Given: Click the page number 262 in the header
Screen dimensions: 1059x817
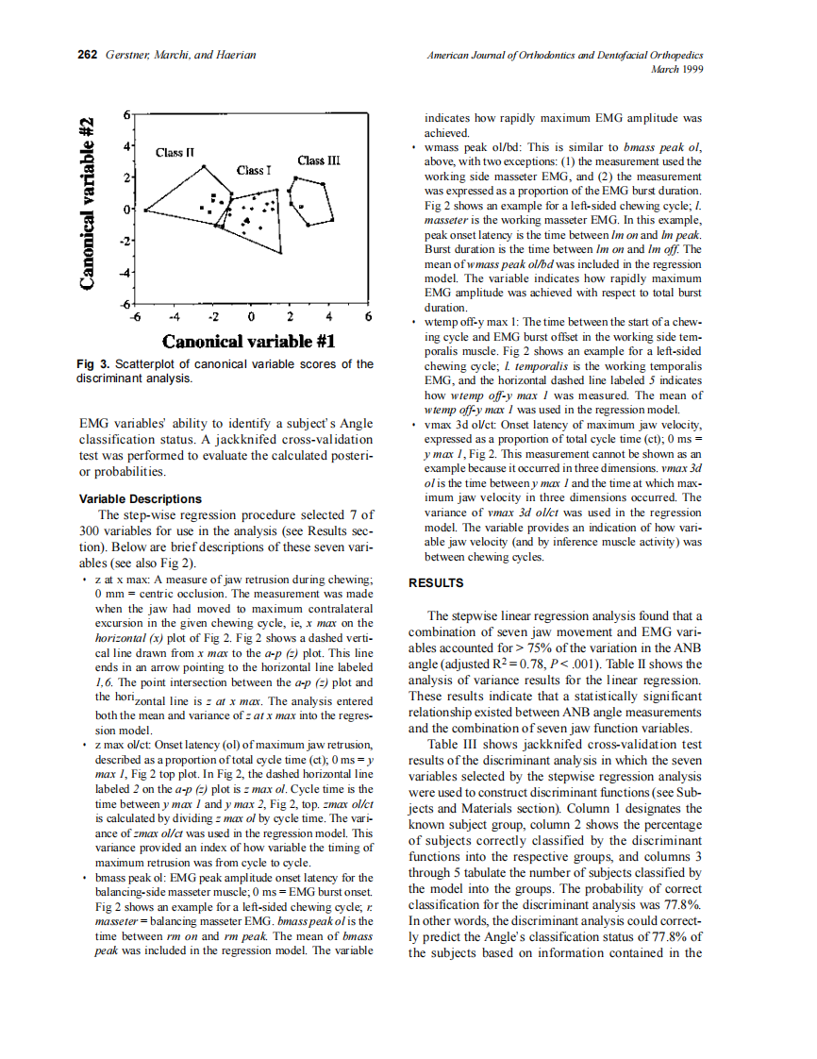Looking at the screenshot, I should click(x=88, y=55).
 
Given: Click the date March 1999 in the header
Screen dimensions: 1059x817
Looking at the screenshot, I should click(x=677, y=69).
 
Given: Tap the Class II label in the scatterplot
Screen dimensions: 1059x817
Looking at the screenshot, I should click(x=175, y=152).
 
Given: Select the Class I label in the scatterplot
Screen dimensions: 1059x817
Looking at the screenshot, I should click(x=254, y=170).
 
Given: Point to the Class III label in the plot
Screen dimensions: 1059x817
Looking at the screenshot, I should click(x=318, y=160).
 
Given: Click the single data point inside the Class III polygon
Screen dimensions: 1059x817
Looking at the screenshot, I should click(x=302, y=205).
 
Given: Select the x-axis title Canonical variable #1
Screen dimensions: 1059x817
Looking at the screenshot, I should click(x=249, y=341).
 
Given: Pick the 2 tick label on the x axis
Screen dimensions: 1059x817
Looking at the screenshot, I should click(x=290, y=317).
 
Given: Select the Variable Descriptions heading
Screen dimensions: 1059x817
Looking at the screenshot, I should click(x=140, y=498).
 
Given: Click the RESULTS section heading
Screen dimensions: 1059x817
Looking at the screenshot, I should click(x=435, y=583).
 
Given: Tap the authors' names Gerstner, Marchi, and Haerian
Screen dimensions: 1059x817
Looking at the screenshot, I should click(x=180, y=55).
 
